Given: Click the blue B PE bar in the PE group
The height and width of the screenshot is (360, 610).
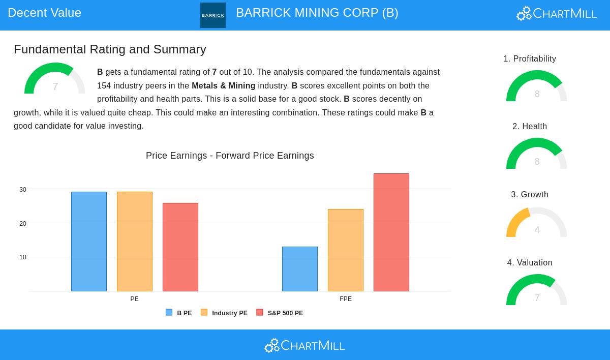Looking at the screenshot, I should click(x=89, y=242).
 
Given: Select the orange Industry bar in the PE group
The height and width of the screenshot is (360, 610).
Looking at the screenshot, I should click(x=135, y=242).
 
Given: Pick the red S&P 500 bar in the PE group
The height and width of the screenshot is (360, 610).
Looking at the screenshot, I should click(x=180, y=247).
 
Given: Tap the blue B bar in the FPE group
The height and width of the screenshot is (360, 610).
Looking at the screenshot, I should click(x=300, y=269).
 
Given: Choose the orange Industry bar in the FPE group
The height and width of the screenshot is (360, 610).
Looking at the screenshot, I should click(x=346, y=250).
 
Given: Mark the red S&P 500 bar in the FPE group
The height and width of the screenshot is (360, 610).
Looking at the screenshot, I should click(x=391, y=232).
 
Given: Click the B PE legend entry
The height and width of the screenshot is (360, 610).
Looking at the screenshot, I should click(x=179, y=313).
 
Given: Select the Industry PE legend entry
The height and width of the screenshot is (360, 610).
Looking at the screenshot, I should click(x=224, y=313).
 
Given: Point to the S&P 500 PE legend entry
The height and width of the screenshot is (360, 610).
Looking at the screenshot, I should click(x=280, y=313).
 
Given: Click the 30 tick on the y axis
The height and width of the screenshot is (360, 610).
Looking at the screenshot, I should click(x=23, y=190).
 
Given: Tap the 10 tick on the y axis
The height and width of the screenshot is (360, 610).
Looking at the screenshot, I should click(x=23, y=257).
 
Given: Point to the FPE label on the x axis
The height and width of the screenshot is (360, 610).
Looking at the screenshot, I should click(x=346, y=299).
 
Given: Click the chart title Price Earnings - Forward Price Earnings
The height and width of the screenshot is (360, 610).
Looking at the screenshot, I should click(x=230, y=156).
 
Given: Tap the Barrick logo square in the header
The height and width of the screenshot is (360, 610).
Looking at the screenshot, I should click(x=213, y=15).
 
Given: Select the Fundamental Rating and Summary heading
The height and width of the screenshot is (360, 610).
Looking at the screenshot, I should click(x=110, y=49).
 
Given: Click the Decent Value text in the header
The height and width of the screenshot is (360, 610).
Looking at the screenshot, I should click(x=45, y=13).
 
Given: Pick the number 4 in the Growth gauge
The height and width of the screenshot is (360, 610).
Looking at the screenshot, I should click(x=537, y=230).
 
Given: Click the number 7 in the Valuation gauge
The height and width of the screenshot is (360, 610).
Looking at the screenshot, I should click(x=537, y=298).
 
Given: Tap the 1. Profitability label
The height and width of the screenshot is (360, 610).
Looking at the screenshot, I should click(x=530, y=59).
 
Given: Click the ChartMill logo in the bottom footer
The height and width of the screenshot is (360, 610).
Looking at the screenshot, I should click(x=304, y=346).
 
